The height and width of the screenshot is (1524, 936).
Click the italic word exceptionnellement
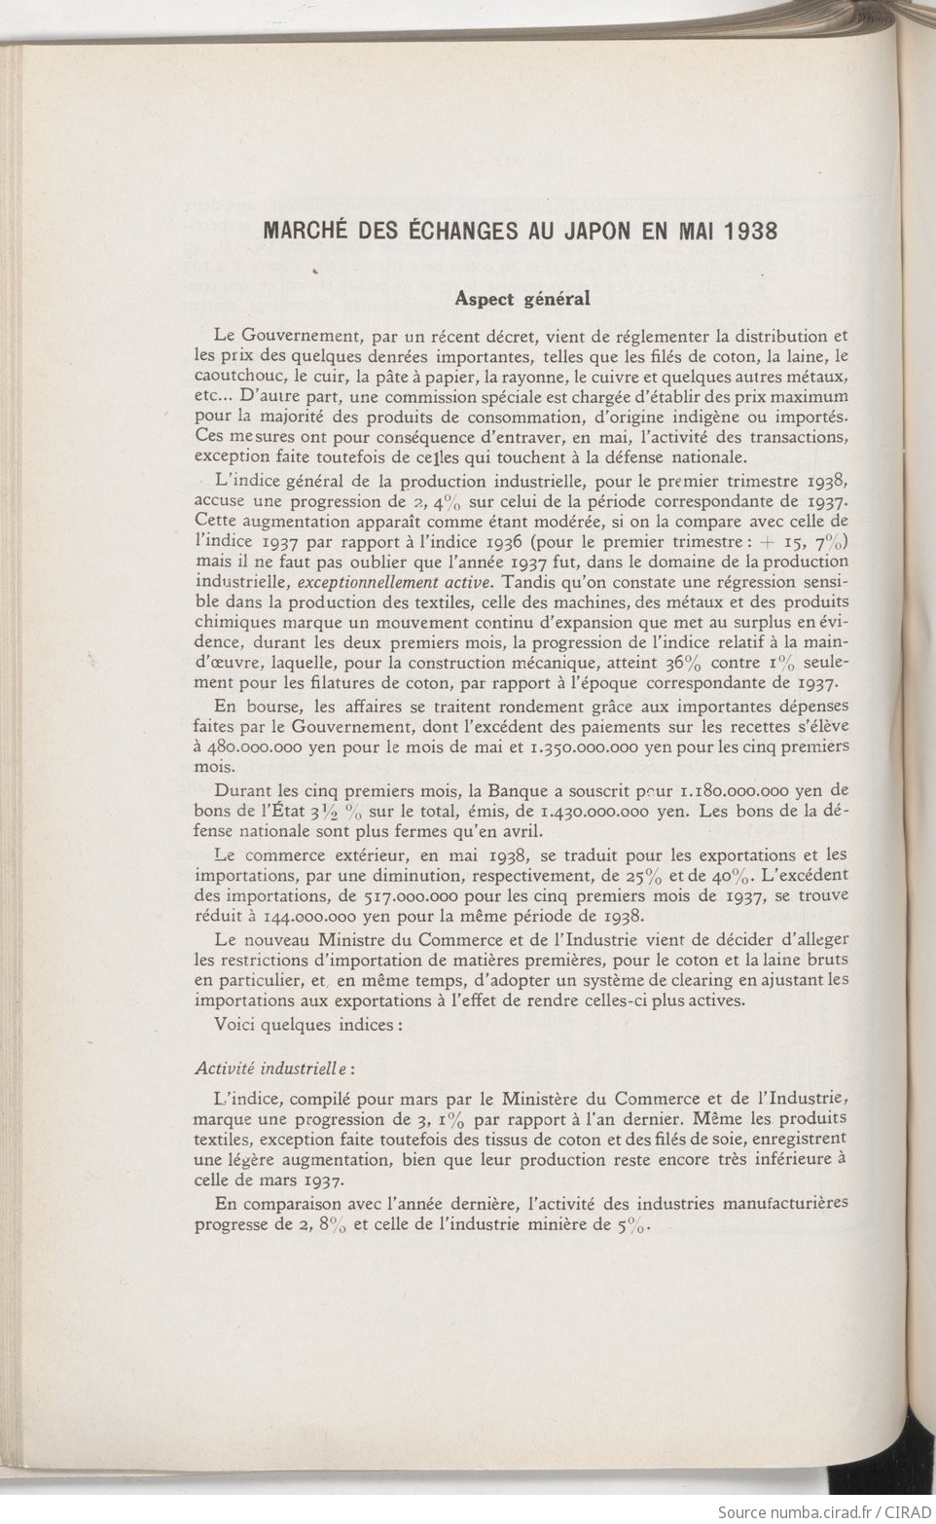[x=361, y=582]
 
